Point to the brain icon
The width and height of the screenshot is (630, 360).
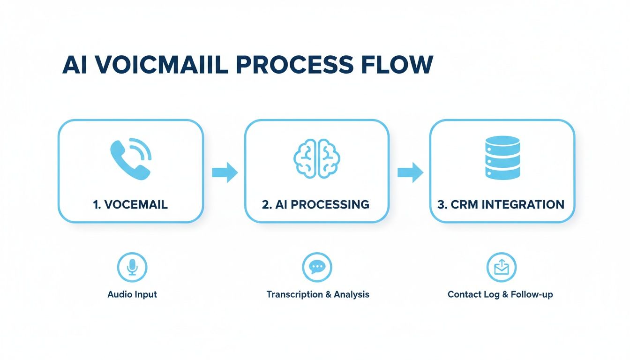click(317, 159)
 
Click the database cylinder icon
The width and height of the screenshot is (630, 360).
click(502, 157)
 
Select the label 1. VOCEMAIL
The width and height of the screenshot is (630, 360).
click(130, 204)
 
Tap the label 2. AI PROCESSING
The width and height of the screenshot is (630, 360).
click(316, 204)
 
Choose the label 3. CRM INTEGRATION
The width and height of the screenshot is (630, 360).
click(501, 204)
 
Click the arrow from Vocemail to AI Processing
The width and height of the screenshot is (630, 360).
click(225, 172)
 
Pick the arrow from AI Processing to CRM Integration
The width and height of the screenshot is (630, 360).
click(410, 172)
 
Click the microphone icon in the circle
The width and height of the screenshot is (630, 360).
click(132, 267)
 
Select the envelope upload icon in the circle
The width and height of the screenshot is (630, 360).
click(501, 267)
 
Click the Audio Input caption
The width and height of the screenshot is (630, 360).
click(132, 294)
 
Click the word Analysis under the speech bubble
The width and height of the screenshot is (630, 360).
click(352, 294)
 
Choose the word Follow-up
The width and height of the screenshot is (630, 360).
click(532, 294)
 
